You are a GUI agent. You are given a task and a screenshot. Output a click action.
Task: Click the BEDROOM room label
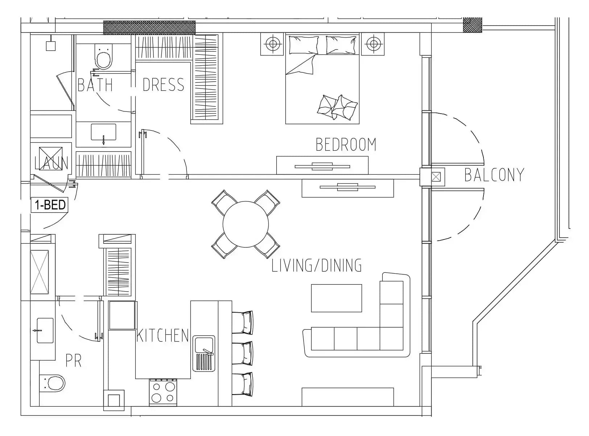click(346, 144)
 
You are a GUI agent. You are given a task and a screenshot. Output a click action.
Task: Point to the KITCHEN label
click(162, 335)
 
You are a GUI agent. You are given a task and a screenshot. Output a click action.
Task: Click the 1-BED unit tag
click(50, 205)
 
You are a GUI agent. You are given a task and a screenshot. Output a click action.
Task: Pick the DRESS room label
click(163, 85)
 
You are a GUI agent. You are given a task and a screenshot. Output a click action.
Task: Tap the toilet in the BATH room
click(104, 57)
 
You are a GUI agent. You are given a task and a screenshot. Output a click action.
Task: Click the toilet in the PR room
click(52, 383)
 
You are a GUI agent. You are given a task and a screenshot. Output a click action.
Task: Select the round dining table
click(246, 224)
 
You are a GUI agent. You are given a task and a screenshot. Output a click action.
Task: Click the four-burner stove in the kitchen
click(163, 392)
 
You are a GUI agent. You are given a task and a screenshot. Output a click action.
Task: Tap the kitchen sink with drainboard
click(204, 353)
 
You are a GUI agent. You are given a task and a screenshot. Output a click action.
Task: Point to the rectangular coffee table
click(337, 298)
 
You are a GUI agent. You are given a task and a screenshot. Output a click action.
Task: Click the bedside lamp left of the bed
click(272, 44)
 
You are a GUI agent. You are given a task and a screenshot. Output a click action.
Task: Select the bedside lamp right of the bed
click(373, 44)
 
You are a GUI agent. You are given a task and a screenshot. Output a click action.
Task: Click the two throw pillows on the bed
click(337, 107)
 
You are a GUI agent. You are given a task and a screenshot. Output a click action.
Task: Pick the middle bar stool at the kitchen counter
click(242, 353)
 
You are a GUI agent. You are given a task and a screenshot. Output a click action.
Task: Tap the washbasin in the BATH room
click(104, 132)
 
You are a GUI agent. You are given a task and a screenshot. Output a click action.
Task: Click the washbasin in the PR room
click(45, 330)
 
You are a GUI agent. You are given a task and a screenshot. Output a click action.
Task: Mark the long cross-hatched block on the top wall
click(149, 28)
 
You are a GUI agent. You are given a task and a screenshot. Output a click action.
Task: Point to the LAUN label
click(52, 163)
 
